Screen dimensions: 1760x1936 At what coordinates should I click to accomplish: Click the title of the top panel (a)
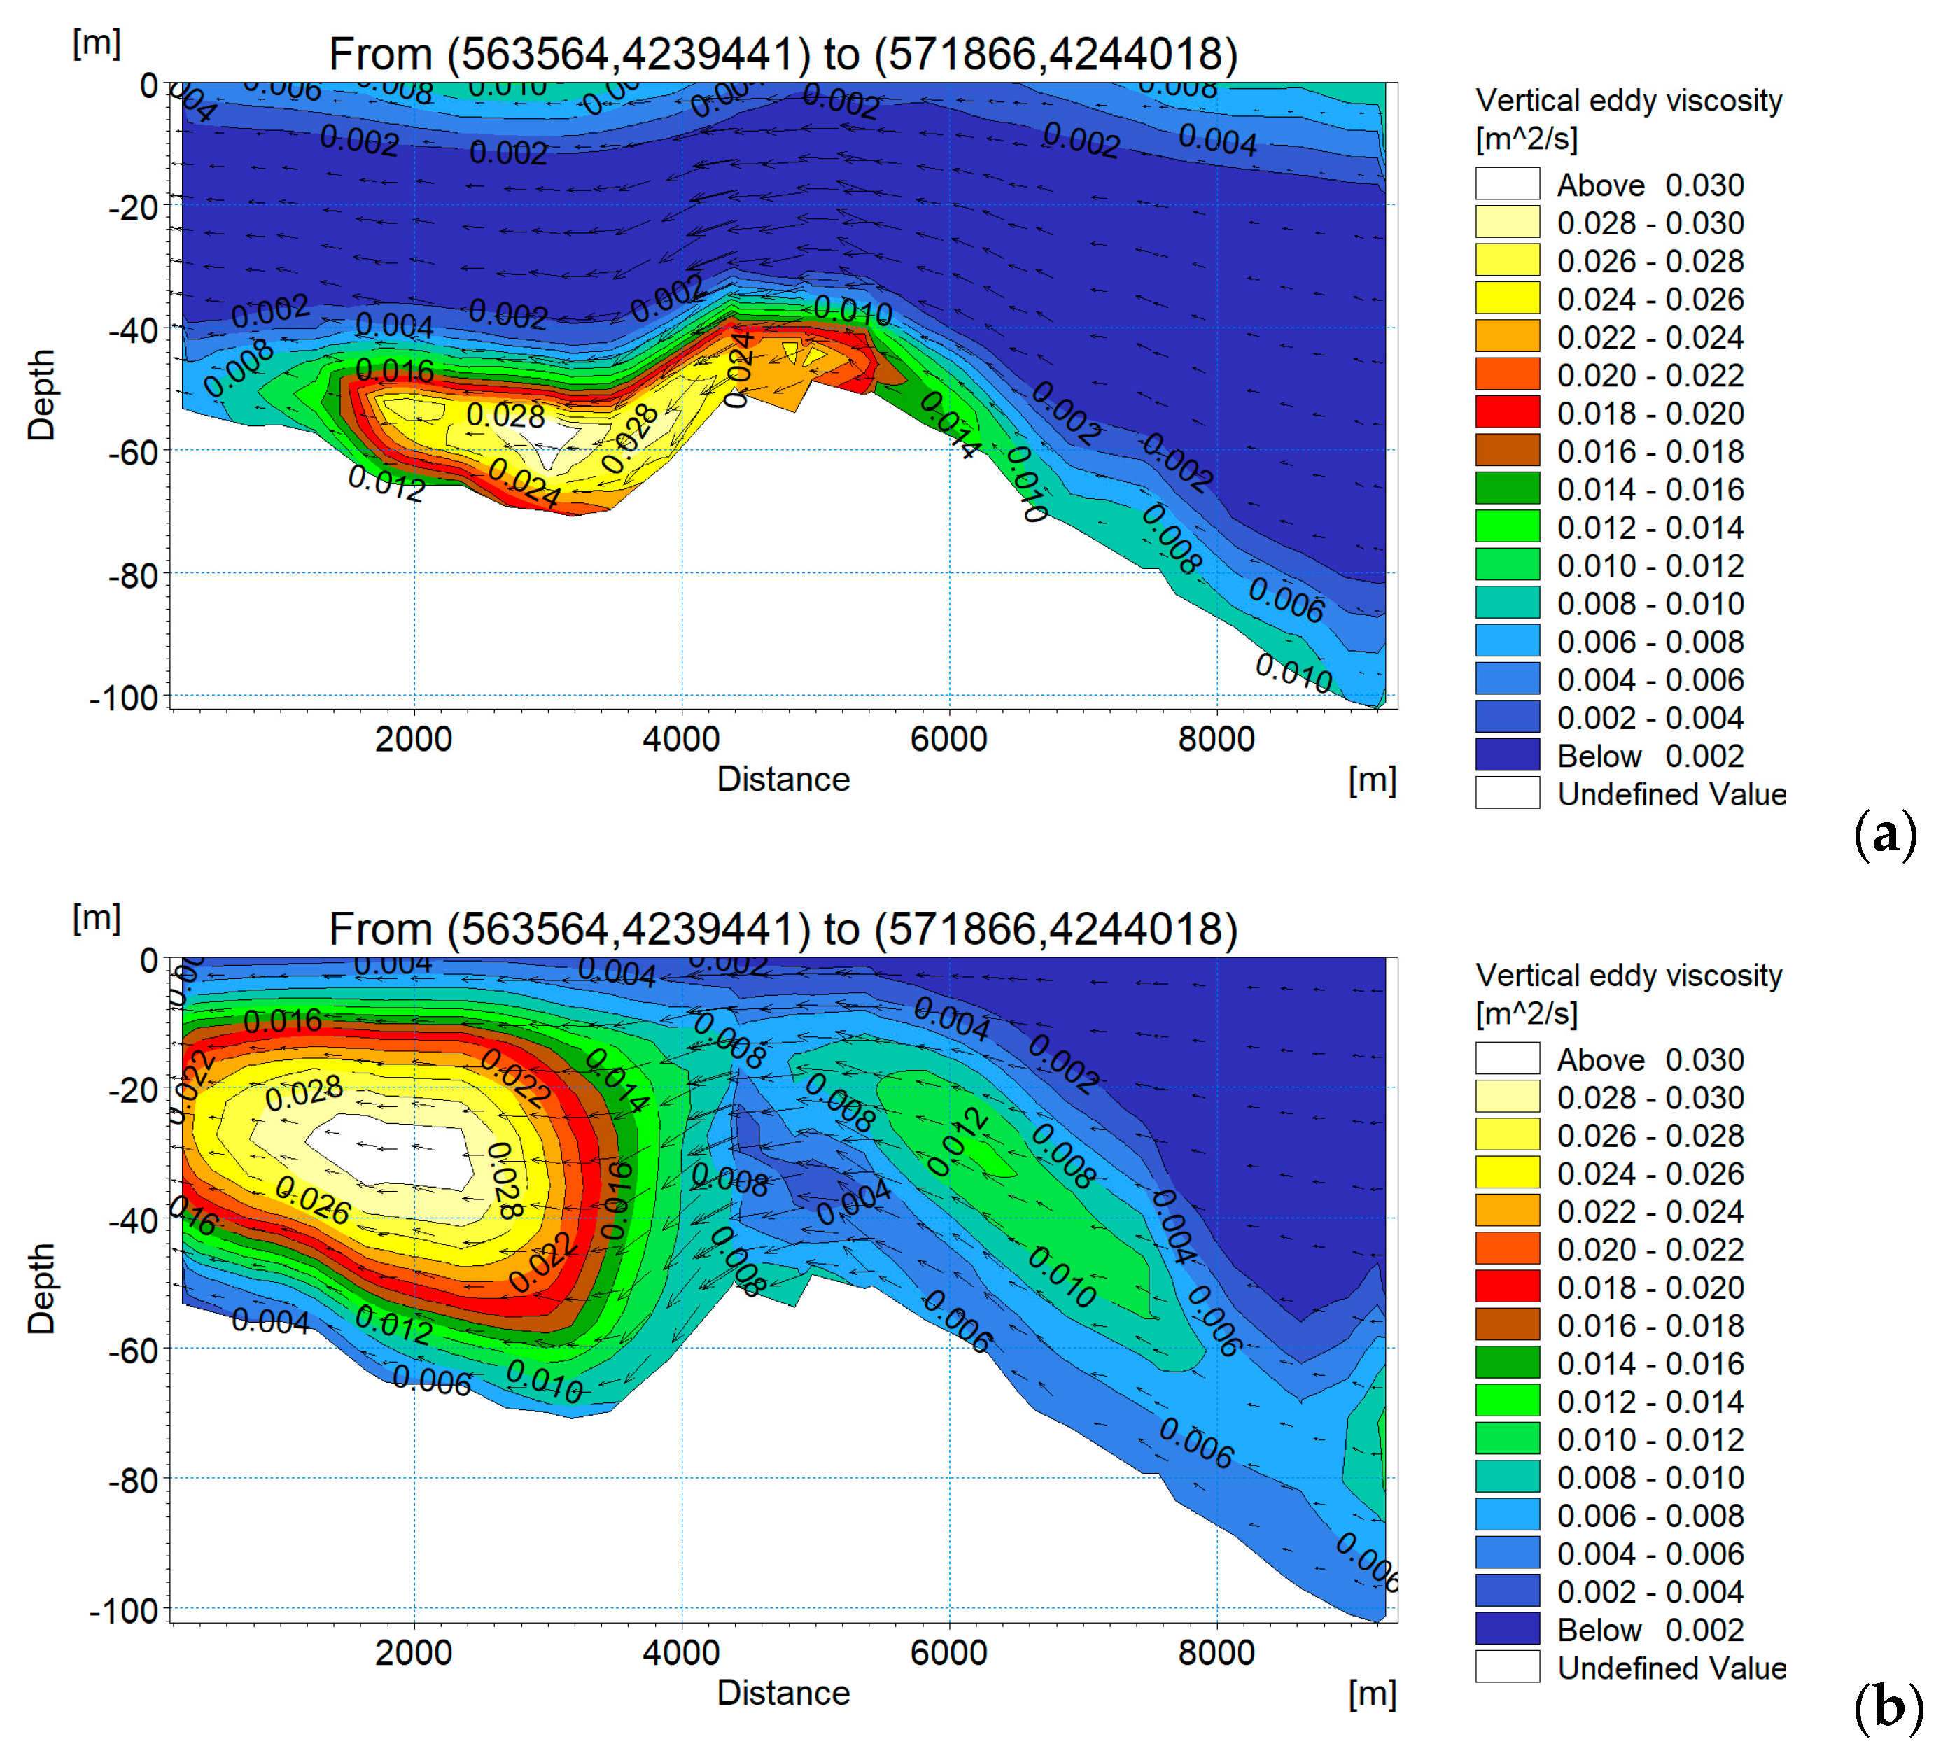tap(783, 55)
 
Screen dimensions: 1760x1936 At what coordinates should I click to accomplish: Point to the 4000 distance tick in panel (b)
tap(681, 1652)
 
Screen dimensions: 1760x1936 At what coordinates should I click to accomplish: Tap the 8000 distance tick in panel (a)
tap(1216, 739)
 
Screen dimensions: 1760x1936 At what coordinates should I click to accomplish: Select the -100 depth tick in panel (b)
tap(125, 1610)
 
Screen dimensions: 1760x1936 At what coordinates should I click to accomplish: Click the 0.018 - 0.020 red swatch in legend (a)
tap(1507, 413)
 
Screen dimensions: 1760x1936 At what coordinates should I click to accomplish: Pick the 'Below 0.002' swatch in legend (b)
tap(1507, 1629)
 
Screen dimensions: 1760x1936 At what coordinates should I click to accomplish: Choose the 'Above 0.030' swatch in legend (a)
tap(1507, 184)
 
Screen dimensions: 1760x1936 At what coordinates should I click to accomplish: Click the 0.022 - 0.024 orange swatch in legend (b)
tap(1507, 1211)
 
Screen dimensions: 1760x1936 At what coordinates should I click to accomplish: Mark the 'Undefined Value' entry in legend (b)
tap(1671, 1668)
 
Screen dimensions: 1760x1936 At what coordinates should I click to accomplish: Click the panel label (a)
tap(1884, 833)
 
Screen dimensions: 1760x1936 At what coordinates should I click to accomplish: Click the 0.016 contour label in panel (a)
tap(394, 371)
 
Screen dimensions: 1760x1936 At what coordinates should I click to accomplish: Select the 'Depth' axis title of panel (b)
tap(41, 1288)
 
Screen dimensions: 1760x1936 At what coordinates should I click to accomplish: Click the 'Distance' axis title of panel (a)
tap(783, 779)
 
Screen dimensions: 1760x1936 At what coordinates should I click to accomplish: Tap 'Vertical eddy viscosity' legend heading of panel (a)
tap(1629, 101)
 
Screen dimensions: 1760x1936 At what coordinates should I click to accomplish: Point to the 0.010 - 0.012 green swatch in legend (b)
tap(1507, 1439)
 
